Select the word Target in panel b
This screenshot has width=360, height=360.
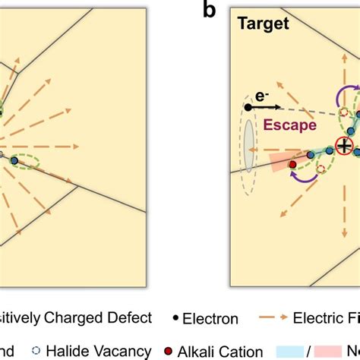(262, 24)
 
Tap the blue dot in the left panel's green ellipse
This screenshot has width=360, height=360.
(13, 159)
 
